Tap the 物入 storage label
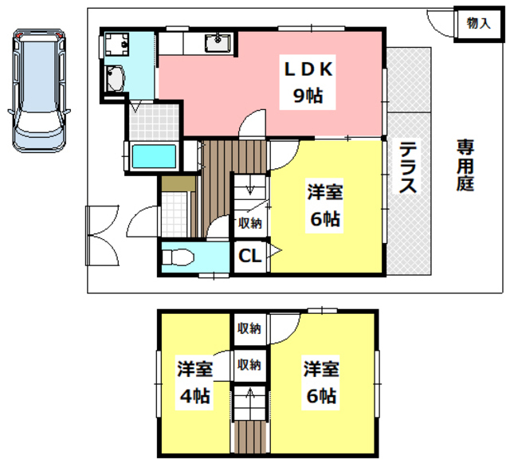(478, 22)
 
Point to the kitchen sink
(218, 41)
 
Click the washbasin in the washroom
(116, 78)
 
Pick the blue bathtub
(155, 157)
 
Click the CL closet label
(249, 256)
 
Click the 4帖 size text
(195, 396)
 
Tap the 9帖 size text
(308, 97)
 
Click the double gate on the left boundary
(100, 234)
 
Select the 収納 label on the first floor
(249, 222)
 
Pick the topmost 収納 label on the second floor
(249, 328)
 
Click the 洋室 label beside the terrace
(324, 192)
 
